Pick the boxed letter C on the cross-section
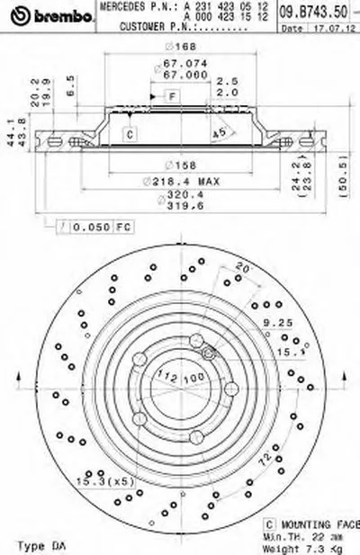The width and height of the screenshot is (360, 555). coord(130,135)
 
